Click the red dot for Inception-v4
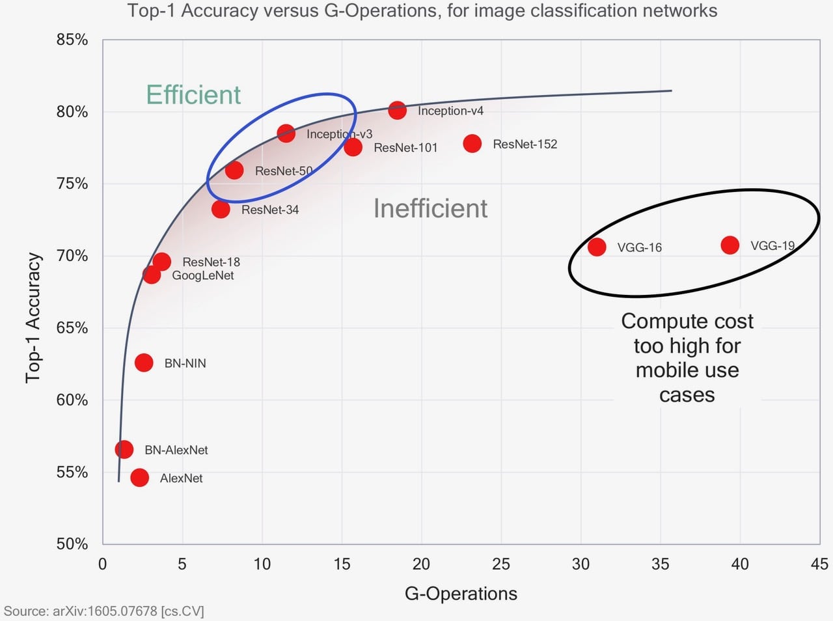pyautogui.click(x=397, y=111)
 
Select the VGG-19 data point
pyautogui.click(x=730, y=245)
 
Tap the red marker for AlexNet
pyautogui.click(x=139, y=478)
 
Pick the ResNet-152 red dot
pyautogui.click(x=472, y=144)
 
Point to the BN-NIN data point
pyautogui.click(x=144, y=363)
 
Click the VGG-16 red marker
pyautogui.click(x=597, y=247)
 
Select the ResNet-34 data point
pyautogui.click(x=221, y=210)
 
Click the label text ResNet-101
pyautogui.click(x=405, y=148)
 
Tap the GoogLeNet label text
pyautogui.click(x=202, y=275)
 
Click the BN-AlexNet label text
pyautogui.click(x=176, y=450)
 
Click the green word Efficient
pyautogui.click(x=193, y=95)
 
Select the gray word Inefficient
pyautogui.click(x=430, y=208)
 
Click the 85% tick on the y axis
pyautogui.click(x=72, y=40)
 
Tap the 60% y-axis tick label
pyautogui.click(x=72, y=400)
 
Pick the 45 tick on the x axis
pyautogui.click(x=819, y=564)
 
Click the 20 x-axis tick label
pyautogui.click(x=421, y=564)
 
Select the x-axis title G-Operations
pyautogui.click(x=461, y=594)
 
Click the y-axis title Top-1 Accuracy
pyautogui.click(x=33, y=318)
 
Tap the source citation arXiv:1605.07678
pyautogui.click(x=105, y=611)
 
